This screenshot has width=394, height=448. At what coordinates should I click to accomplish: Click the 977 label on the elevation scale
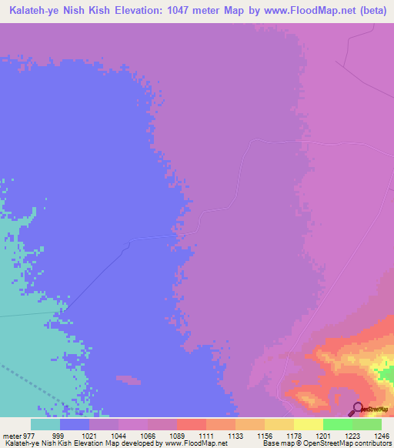tap(28, 435)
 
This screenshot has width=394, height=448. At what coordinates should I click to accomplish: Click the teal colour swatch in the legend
tap(45, 424)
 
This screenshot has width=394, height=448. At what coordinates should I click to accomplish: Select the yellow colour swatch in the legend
tap(308, 424)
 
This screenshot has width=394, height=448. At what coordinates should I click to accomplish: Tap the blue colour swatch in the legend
tap(75, 424)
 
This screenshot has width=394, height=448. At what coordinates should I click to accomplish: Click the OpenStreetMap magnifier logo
tap(357, 410)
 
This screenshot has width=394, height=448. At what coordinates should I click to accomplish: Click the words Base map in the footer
tap(277, 443)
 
